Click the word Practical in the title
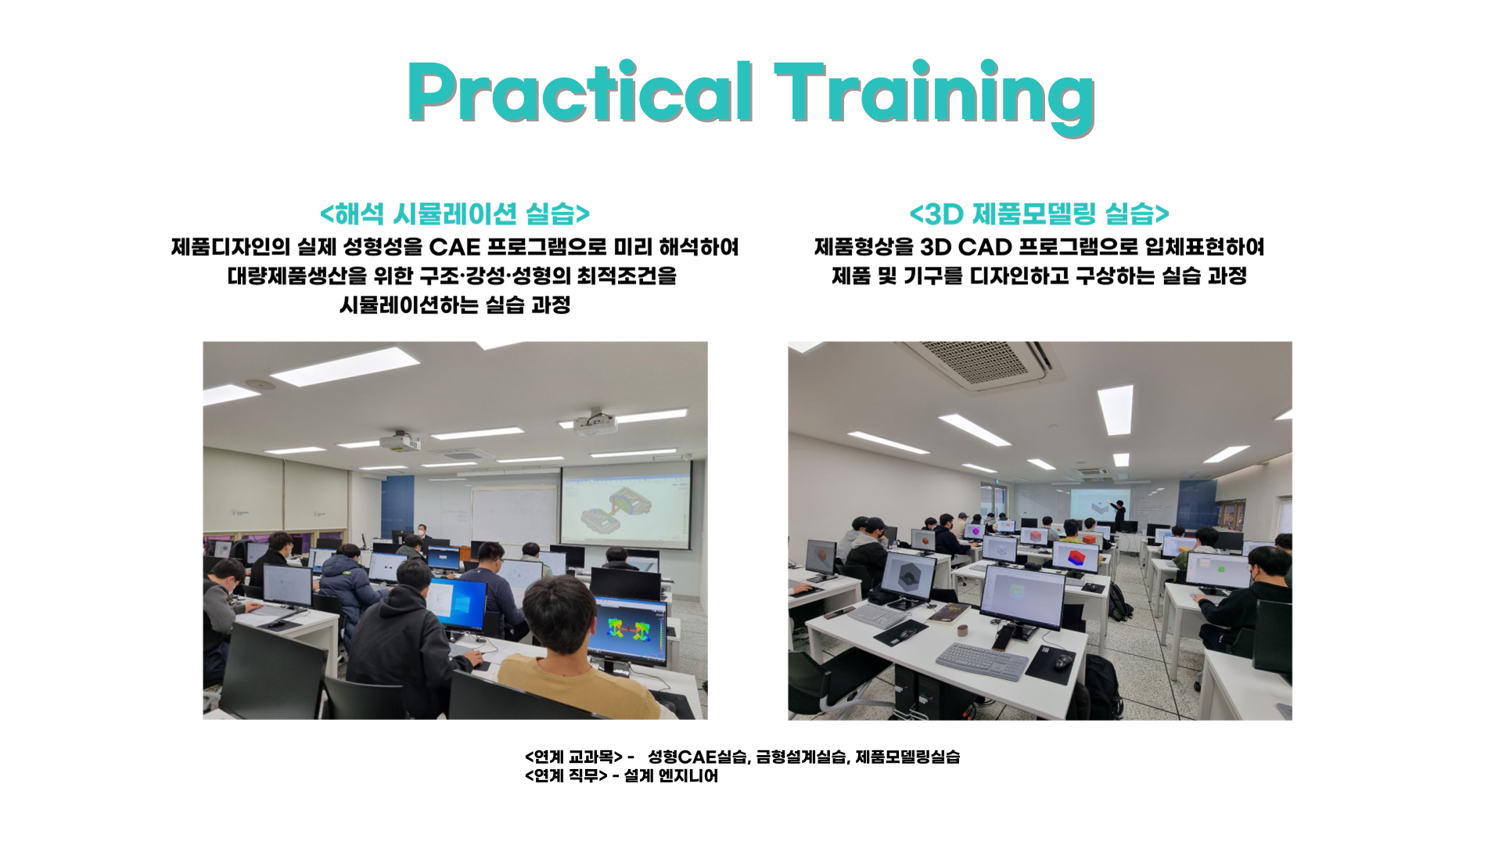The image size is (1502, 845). coord(580,92)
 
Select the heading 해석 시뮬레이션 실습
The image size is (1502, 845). coord(455,214)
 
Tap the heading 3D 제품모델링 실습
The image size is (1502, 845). coord(1039,214)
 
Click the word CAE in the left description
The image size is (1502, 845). coord(455,247)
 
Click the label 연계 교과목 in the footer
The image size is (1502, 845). coord(573,757)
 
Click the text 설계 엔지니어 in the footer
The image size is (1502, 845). coord(671,776)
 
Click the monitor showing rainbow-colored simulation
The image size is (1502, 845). coord(630,630)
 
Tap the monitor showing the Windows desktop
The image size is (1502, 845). coord(457,604)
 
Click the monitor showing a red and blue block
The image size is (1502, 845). coord(1076,557)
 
